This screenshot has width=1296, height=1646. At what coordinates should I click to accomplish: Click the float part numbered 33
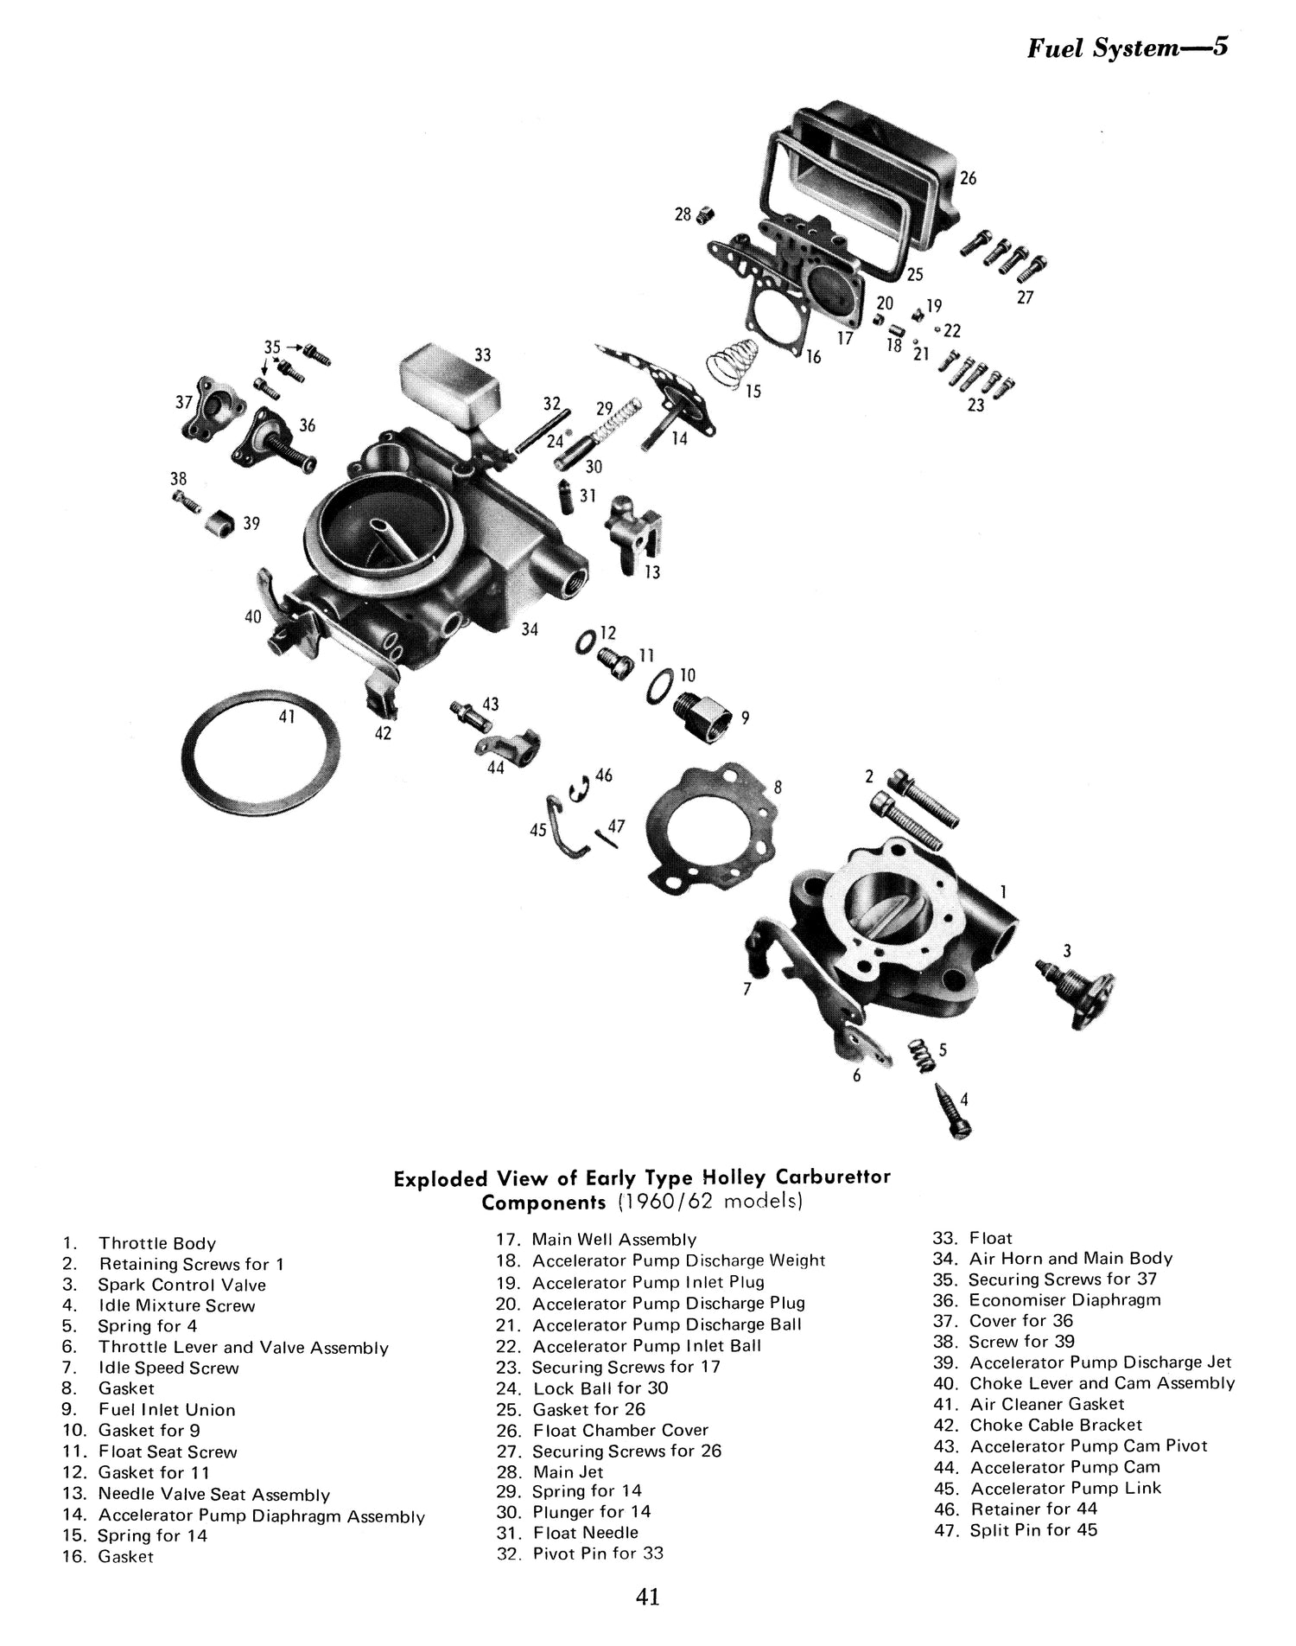(x=449, y=385)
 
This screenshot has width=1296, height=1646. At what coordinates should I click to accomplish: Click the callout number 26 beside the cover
(x=968, y=178)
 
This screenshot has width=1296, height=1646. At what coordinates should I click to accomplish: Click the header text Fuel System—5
(x=1128, y=48)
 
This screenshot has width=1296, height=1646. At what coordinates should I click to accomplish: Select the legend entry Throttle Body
(x=156, y=1243)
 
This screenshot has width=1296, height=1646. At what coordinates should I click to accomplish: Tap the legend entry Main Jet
(x=568, y=1471)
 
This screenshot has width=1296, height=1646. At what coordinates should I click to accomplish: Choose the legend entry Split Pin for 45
(x=1033, y=1529)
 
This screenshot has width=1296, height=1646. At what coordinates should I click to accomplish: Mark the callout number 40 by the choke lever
(x=252, y=617)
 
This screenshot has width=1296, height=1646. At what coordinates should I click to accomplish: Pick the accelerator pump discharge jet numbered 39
(x=220, y=522)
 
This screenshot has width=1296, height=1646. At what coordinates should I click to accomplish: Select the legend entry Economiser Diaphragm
(x=1064, y=1299)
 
